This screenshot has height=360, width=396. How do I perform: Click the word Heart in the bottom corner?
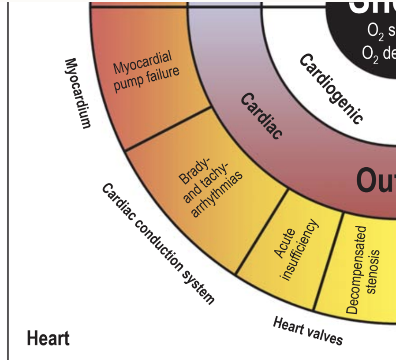pos(48,339)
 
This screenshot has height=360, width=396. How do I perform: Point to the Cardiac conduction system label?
pos(158,244)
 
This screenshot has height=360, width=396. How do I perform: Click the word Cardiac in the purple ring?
pos(262,116)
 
